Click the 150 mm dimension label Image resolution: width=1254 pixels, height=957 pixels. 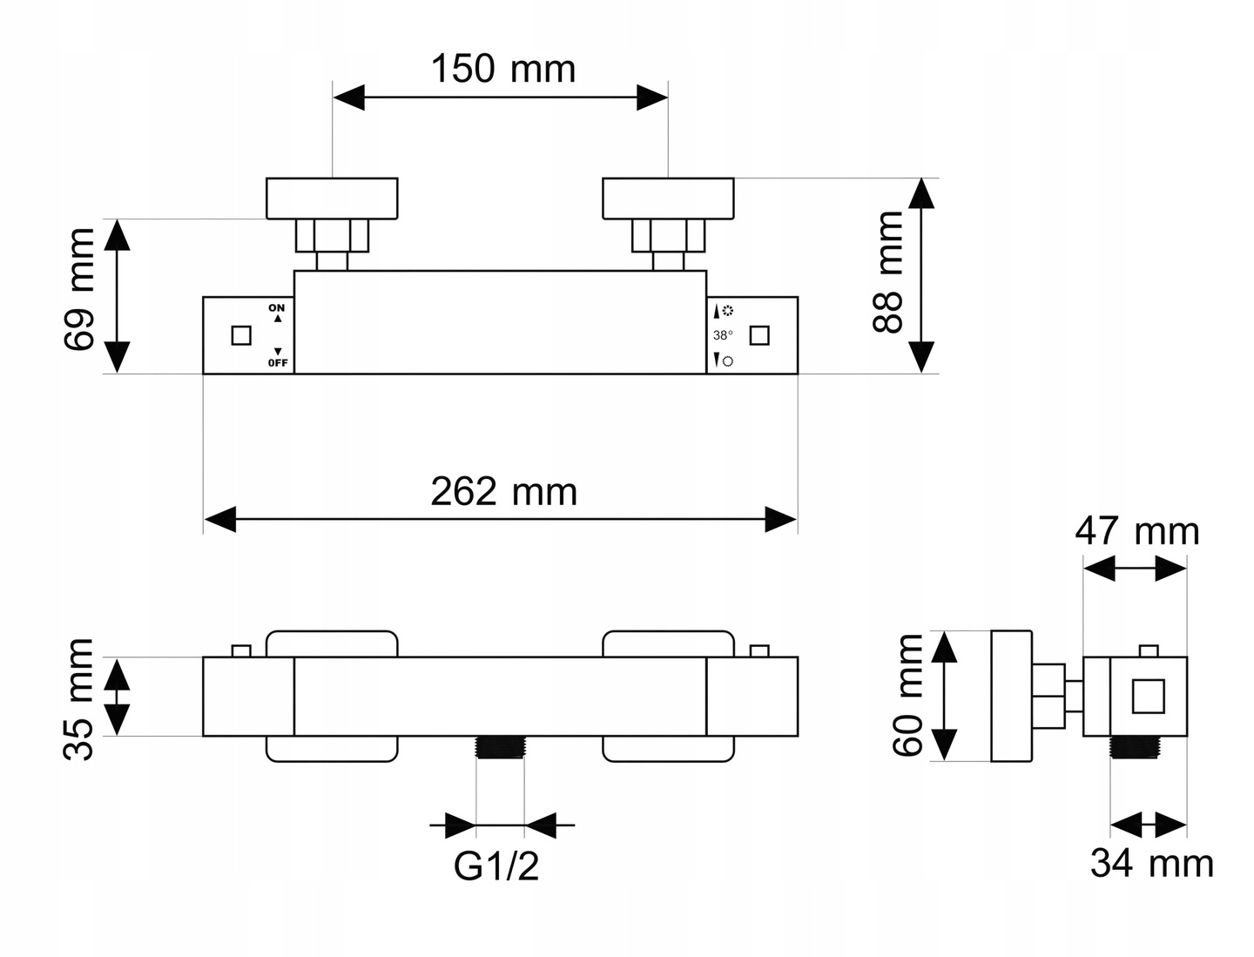tap(502, 69)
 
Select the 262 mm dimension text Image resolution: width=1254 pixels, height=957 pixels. tap(503, 492)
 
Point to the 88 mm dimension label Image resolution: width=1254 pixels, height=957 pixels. tap(888, 272)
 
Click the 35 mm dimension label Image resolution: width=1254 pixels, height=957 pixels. tap(79, 698)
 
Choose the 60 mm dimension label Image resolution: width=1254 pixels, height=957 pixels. tap(908, 694)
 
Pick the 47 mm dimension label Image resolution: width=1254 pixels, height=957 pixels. tap(1136, 530)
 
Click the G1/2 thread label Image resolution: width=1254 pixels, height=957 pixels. tap(496, 866)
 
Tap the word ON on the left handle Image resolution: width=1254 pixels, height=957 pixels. tap(277, 308)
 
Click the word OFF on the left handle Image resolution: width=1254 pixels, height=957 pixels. tap(278, 362)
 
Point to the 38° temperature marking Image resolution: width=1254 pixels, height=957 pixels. tap(723, 335)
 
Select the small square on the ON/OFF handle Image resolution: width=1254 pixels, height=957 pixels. tap(241, 335)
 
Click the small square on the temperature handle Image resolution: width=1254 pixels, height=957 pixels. tap(759, 335)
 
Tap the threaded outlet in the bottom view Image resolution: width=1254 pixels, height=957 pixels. tap(500, 747)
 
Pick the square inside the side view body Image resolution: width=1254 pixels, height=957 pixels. tap(1148, 697)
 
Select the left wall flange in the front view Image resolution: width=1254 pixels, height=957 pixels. tap(332, 198)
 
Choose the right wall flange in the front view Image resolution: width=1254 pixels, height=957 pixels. tap(668, 198)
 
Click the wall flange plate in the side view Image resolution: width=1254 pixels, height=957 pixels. tap(1011, 695)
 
